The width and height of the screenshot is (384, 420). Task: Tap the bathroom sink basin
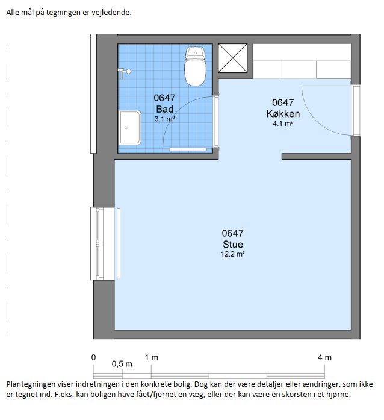tap(130, 128)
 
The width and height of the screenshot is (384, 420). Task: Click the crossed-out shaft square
tap(232, 58)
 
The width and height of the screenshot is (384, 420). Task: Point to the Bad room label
tap(164, 109)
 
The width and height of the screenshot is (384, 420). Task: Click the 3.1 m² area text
tap(164, 119)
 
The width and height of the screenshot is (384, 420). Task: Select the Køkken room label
tap(283, 114)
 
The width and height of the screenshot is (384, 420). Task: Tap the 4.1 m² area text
tap(283, 124)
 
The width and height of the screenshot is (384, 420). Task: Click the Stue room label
tap(233, 244)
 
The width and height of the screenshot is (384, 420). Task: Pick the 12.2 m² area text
tap(233, 254)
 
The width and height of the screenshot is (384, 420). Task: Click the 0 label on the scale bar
tap(93, 357)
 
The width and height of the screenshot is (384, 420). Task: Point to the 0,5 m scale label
tap(122, 364)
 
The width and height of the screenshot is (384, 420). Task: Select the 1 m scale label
tap(152, 357)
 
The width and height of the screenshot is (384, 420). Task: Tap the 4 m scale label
tap(324, 357)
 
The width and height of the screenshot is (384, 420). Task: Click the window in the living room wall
tap(102, 243)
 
